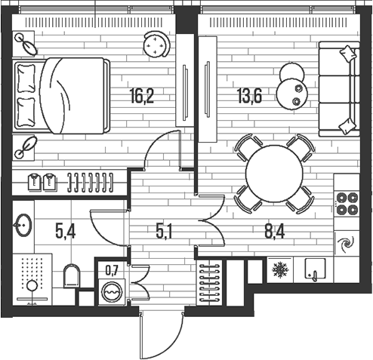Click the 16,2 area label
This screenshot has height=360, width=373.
tap(142, 96)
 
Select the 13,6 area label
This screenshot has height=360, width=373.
tap(249, 96)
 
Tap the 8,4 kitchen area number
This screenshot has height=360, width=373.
tap(275, 232)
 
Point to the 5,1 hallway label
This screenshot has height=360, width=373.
tap(164, 232)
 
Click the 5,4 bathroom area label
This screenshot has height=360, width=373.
tap(65, 232)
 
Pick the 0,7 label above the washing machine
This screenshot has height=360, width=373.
tap(112, 271)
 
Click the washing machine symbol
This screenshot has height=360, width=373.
tap(112, 292)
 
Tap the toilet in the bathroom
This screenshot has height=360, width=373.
tap(72, 276)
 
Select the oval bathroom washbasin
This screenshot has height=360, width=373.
tap(23, 225)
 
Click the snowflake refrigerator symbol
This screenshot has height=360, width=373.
tap(280, 270)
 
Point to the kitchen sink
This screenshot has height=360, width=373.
tap(315, 269)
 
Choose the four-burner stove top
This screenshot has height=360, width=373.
tap(347, 204)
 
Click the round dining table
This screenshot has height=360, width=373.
tap(274, 174)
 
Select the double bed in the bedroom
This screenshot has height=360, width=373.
tap(62, 96)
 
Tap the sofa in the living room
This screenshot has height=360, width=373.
tap(339, 89)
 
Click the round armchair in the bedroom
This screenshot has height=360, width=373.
tap(156, 45)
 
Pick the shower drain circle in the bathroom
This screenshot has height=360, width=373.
tap(32, 286)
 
